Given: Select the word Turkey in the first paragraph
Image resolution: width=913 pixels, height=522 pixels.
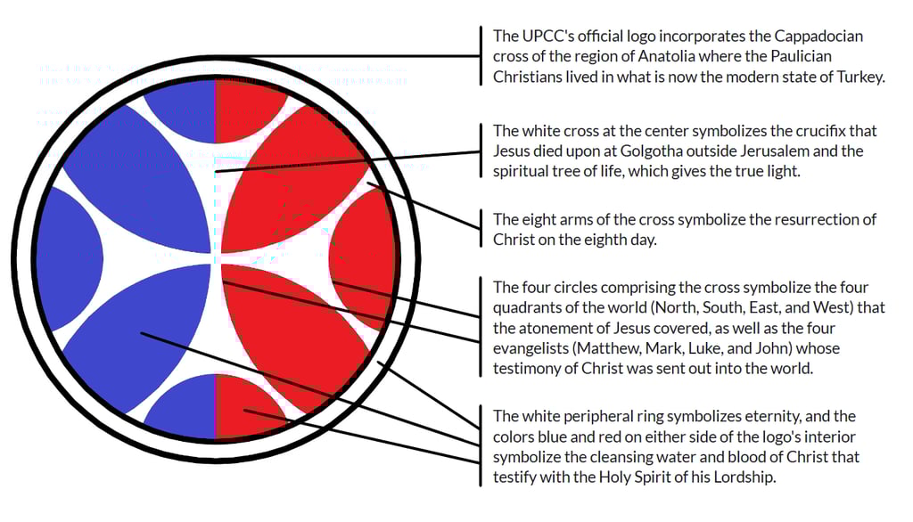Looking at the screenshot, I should coord(859,77).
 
